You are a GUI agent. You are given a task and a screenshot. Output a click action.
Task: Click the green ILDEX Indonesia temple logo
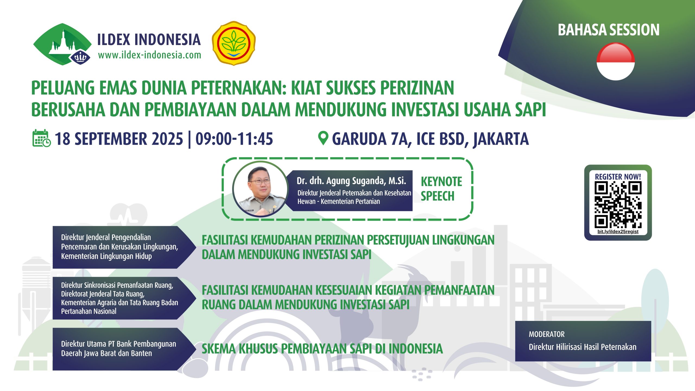[x=62, y=44]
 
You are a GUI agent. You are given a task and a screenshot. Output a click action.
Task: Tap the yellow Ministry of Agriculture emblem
[x=233, y=43]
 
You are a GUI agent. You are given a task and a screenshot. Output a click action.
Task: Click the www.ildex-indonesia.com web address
[x=150, y=55]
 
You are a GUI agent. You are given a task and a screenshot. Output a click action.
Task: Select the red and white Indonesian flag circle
[x=615, y=62]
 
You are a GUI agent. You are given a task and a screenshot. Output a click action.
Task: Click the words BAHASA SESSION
[x=609, y=30]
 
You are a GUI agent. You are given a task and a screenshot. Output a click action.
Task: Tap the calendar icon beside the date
[x=42, y=138]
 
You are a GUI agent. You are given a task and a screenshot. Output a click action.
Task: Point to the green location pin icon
[x=323, y=138]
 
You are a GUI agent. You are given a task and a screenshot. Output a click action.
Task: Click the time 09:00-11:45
[x=234, y=139]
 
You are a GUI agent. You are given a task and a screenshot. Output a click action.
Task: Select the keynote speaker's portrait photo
[x=260, y=189]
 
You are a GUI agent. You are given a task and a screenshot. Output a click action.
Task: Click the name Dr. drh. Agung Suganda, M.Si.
[x=351, y=181]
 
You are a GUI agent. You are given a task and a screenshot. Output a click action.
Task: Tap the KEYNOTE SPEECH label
[x=441, y=189]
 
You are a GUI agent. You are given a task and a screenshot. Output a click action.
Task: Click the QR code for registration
[x=618, y=205]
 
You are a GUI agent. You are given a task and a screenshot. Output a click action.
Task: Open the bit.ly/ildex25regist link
[x=618, y=232]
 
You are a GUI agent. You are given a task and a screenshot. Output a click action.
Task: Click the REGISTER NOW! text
[x=618, y=177]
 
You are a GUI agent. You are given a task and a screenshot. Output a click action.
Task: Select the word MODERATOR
[x=546, y=334]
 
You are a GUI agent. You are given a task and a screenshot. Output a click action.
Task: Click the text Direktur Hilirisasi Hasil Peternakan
[x=583, y=347]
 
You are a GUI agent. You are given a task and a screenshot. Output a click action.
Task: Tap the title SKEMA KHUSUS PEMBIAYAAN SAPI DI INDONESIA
[x=322, y=349]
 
